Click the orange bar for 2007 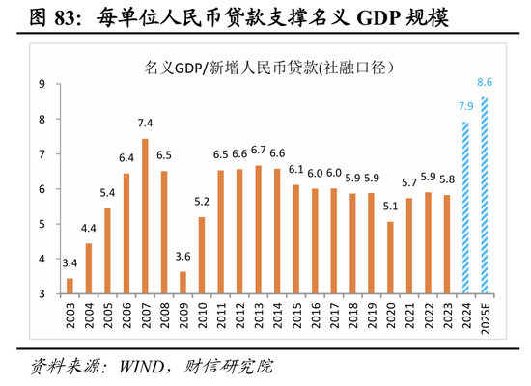click(145, 216)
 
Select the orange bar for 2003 click(70, 286)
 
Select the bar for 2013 click(258, 230)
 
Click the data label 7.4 click(145, 124)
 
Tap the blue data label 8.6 click(486, 82)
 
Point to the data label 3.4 click(70, 262)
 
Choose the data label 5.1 click(390, 206)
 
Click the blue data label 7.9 click(465, 106)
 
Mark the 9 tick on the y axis click(42, 85)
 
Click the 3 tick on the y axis click(42, 293)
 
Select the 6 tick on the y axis click(42, 189)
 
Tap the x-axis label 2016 click(315, 317)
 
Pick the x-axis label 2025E click(485, 321)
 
